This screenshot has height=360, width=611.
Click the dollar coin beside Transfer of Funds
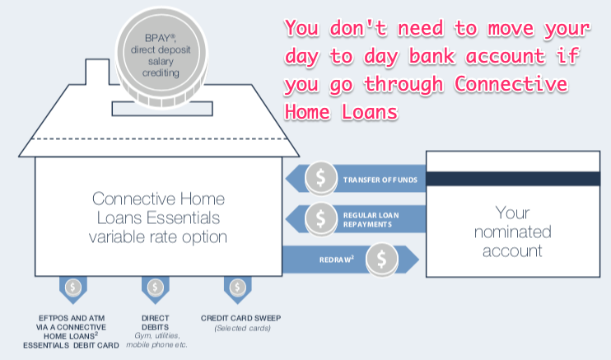319,177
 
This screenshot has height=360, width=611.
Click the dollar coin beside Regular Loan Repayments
319,217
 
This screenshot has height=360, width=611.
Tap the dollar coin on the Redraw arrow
380,259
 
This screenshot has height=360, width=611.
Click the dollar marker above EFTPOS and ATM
73,288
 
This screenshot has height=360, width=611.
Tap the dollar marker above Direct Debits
155,288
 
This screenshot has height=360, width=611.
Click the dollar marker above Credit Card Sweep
238,288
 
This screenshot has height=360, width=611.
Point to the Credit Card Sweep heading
238,318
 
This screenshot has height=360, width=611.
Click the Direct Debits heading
155,323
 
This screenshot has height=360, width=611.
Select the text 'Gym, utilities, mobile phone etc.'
155,339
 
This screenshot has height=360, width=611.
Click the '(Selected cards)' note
238,330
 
